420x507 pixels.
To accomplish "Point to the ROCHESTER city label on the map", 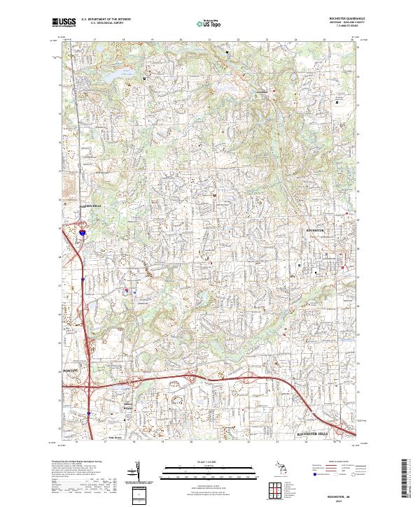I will tap(316, 230).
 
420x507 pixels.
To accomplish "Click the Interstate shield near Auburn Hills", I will tap(82, 230).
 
